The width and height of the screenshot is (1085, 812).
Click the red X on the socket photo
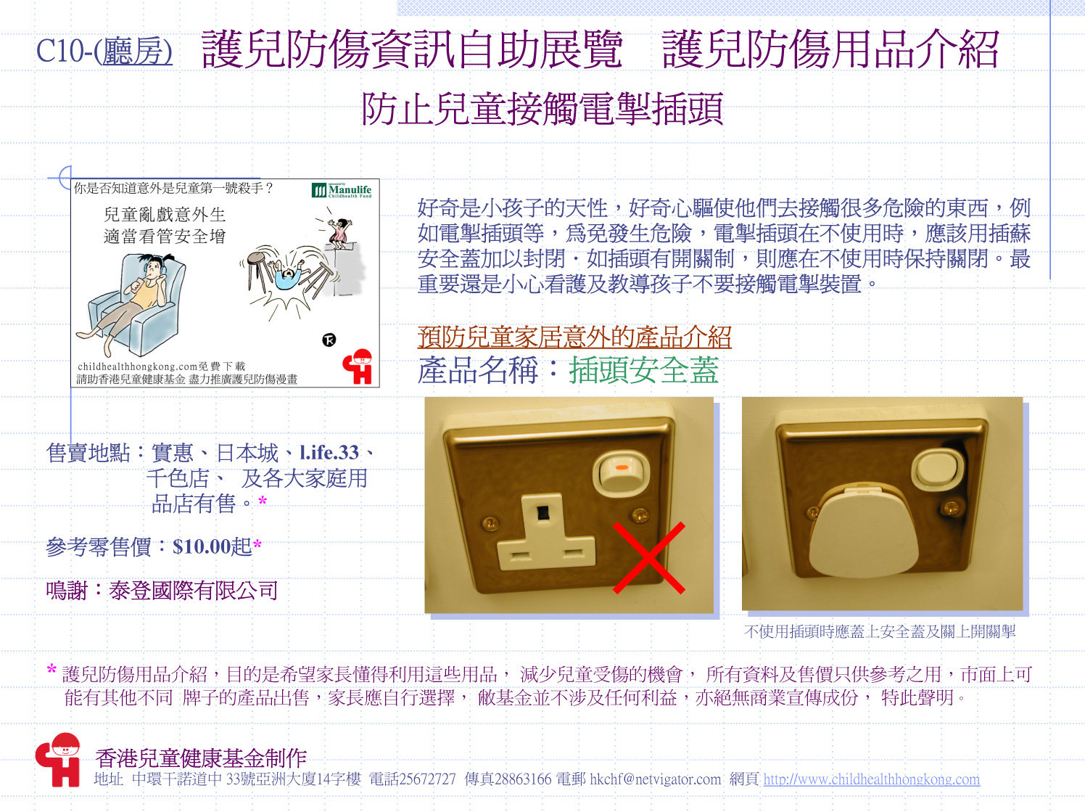coord(649,557)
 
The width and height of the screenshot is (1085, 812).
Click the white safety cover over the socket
coord(864,533)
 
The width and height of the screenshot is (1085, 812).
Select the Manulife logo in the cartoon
coord(342,190)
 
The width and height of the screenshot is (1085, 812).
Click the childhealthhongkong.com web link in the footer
coord(872,779)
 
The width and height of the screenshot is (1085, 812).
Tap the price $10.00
coord(202,546)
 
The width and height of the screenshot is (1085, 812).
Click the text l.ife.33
coord(329,453)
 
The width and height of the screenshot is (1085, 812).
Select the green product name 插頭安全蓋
coord(643,370)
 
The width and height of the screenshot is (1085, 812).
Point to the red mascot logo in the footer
coord(58,760)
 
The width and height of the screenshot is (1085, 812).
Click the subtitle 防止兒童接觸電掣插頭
coord(542,110)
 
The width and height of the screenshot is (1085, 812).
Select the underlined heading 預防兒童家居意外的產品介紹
coord(574,337)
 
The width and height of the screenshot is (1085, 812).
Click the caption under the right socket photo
coord(880,631)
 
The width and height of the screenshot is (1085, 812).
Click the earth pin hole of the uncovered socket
coord(543,513)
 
